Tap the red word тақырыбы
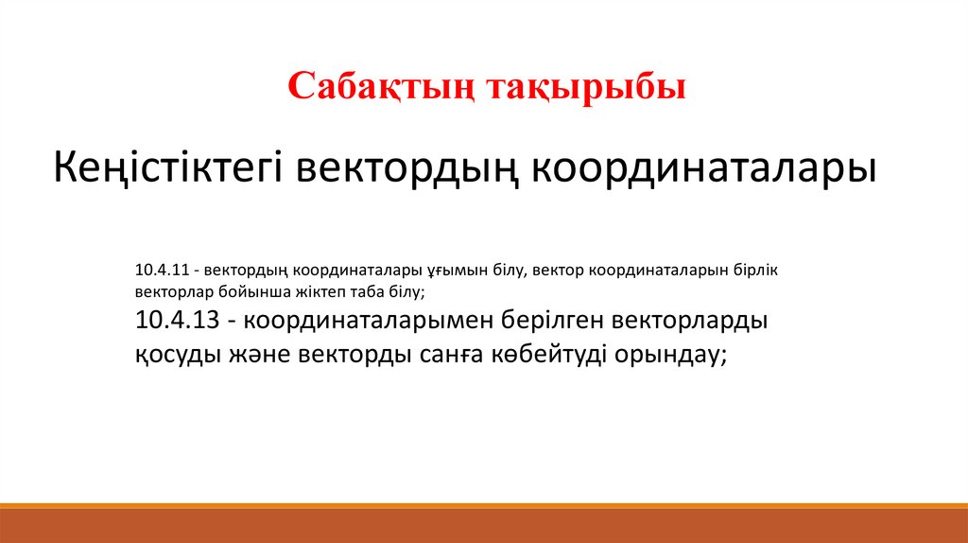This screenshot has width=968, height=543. [586, 87]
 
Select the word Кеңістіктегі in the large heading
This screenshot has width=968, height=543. [168, 168]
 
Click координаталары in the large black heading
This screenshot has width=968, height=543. [704, 168]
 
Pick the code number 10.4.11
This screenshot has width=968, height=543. [163, 270]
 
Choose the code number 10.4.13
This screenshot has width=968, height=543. [177, 320]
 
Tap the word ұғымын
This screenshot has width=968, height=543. [458, 271]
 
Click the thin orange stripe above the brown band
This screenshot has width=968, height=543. [484, 506]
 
